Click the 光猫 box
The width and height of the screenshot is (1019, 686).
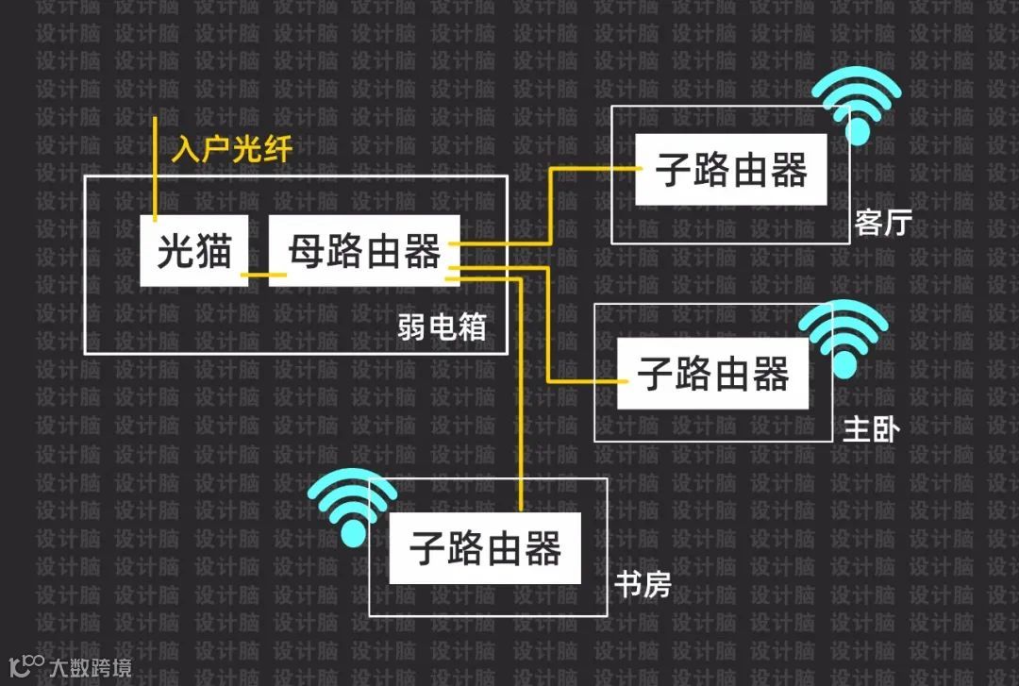(194, 251)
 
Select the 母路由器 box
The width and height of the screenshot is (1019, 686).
(364, 251)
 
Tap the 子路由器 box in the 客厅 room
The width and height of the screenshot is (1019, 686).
(730, 171)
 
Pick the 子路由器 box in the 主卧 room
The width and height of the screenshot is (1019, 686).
(712, 374)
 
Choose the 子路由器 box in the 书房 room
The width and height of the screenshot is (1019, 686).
(485, 548)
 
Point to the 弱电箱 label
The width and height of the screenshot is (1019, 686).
(443, 326)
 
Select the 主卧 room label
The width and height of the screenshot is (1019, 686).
(871, 429)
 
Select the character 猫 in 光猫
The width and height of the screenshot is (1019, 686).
(215, 251)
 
